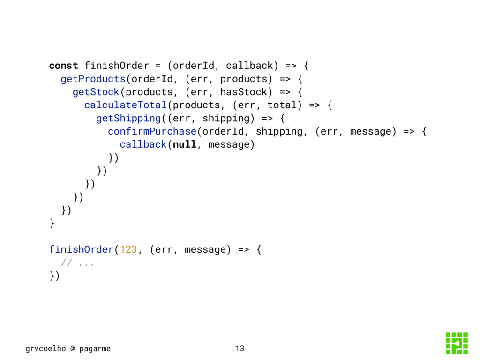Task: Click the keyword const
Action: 64,65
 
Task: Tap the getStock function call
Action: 96,91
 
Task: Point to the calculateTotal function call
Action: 125,105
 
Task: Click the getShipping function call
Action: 128,118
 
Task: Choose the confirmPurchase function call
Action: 152,131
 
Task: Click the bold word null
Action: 184,144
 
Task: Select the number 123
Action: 128,249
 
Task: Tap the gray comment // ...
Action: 67,262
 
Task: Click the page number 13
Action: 240,348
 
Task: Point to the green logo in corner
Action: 457,343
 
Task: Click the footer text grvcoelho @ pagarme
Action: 68,348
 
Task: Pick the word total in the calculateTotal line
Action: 282,105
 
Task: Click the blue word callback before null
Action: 143,144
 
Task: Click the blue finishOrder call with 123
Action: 81,249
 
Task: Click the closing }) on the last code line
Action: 54,276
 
